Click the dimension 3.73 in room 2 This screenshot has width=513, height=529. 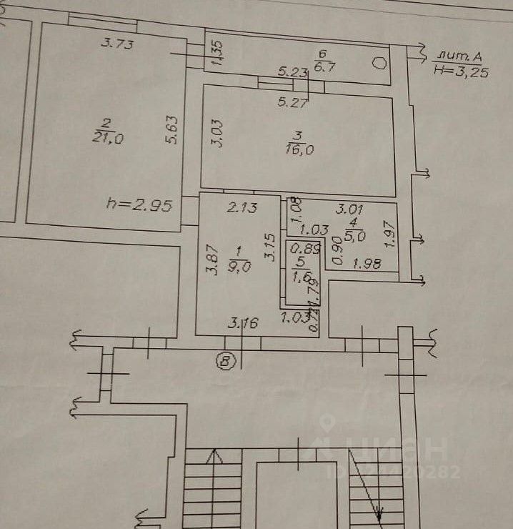coord(117,43)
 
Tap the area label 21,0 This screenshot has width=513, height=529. coord(108,139)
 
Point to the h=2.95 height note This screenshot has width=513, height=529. coord(139,207)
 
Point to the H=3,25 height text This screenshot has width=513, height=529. coord(462,70)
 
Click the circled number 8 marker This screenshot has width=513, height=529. coord(226,362)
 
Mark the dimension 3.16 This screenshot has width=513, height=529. coord(243,322)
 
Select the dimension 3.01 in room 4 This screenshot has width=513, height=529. coord(350,209)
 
